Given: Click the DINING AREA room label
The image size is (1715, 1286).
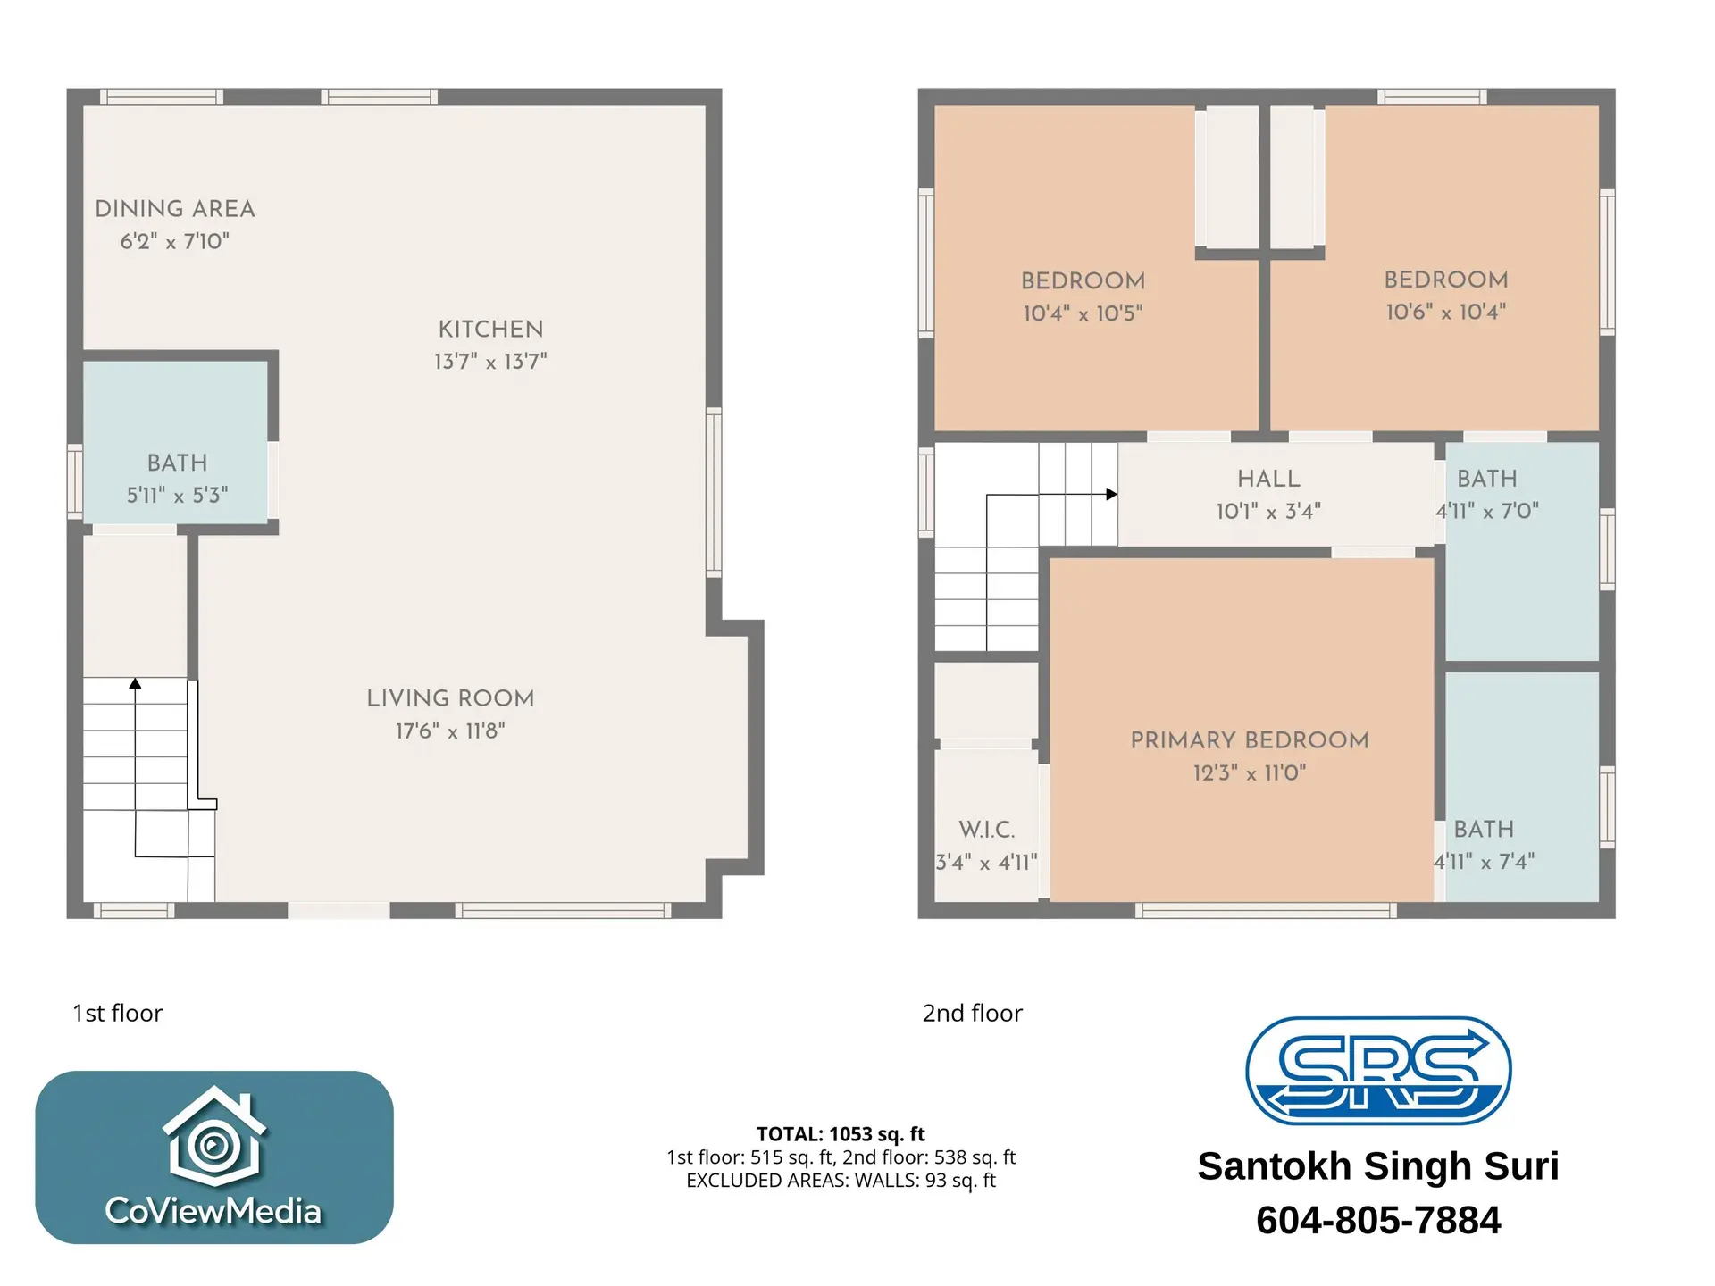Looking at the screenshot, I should [175, 209].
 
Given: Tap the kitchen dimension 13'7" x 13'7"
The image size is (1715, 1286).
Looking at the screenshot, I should [490, 362].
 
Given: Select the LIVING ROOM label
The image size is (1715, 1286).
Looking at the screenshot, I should [450, 698].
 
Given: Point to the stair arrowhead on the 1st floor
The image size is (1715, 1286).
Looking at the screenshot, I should [135, 684].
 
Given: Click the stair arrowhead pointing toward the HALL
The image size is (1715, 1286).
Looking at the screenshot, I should [1111, 494].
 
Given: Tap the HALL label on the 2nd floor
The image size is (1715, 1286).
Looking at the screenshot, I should [1268, 479].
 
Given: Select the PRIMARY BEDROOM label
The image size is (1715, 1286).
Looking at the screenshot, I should [1249, 740].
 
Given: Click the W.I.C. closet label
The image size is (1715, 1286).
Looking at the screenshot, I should [986, 830].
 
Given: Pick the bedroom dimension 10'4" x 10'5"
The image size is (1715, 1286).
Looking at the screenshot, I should [1083, 313].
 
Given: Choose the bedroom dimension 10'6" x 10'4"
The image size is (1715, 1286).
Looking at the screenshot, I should [1445, 312].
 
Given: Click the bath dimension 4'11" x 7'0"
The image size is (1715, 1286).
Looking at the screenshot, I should [1487, 511].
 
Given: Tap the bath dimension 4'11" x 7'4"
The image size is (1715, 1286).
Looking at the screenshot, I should [1484, 862].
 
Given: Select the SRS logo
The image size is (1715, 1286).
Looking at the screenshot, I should [1377, 1070].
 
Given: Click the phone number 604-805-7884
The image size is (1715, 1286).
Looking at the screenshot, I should [1377, 1220].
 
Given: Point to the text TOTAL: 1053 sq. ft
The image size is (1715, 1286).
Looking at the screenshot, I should [841, 1134].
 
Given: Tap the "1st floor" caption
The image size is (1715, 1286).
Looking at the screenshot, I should [117, 1013].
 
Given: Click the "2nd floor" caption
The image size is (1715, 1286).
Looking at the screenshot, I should [972, 1013].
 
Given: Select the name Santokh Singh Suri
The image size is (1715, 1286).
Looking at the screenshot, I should [1377, 1166].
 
